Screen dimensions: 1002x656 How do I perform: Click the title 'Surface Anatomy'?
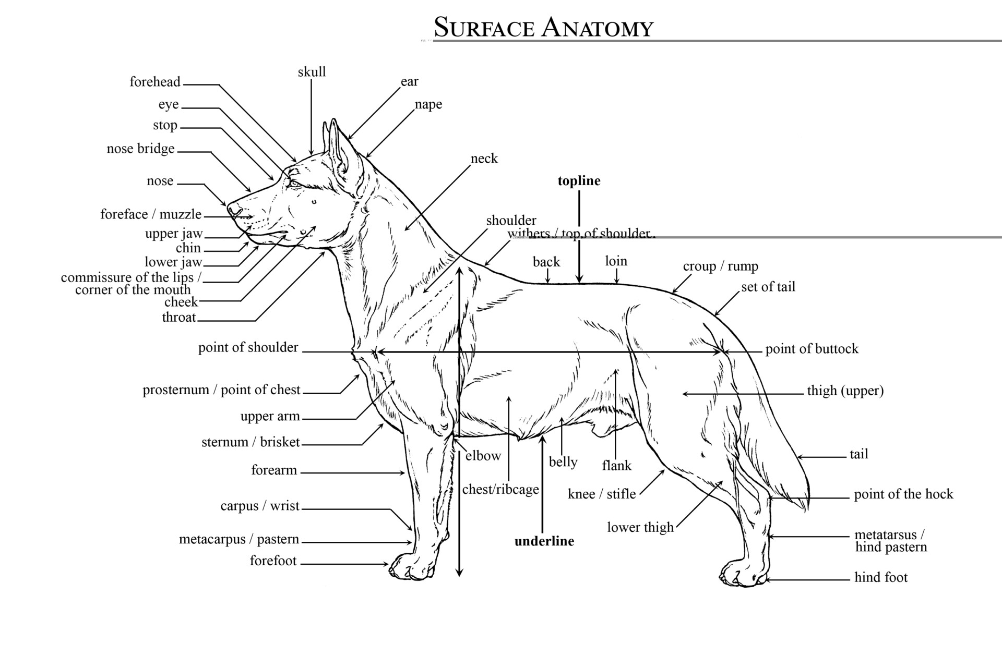coord(543,27)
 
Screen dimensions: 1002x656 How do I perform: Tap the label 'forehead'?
coord(155,82)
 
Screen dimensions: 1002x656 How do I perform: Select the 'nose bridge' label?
coord(140,149)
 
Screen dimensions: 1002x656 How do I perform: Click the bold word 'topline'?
coord(579,181)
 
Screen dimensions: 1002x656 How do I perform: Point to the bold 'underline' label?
coord(544,541)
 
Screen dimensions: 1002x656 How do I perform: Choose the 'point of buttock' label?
coord(812,349)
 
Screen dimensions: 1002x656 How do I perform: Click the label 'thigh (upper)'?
coord(845,391)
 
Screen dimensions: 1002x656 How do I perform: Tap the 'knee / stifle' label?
coord(602,494)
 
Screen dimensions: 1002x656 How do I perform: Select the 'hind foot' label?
coord(881,577)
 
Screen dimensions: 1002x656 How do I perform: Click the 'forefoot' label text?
coord(273,561)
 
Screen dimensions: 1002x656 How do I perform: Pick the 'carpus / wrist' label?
coord(260,506)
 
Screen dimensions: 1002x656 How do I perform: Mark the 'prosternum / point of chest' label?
coord(221,390)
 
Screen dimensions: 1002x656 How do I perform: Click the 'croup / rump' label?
coord(720,266)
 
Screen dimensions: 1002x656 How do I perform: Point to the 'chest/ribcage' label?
coord(500,490)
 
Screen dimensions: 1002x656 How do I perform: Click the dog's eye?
coord(294,183)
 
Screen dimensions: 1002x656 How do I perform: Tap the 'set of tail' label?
coord(768,287)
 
